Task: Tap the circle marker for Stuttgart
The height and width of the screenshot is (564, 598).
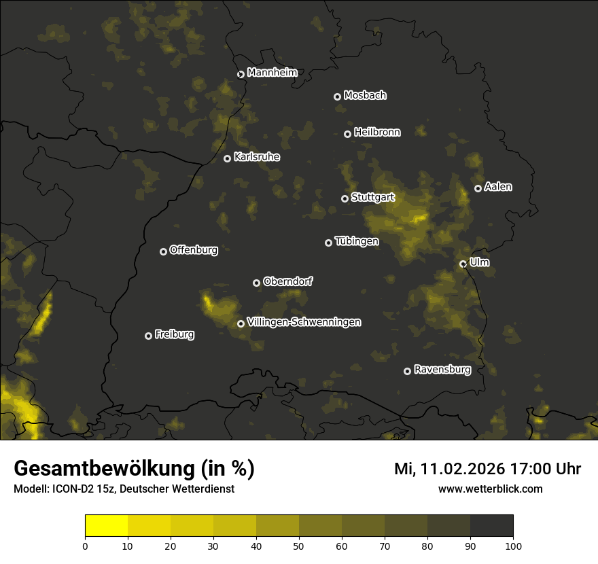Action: pos(345,198)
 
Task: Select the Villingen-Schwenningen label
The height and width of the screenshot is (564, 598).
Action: pos(304,322)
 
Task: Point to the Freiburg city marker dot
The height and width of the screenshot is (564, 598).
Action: pos(148,336)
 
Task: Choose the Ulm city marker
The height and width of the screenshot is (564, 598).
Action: pos(463,264)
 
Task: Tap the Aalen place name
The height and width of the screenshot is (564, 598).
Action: pos(498,187)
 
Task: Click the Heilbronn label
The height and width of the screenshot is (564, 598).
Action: pos(377,133)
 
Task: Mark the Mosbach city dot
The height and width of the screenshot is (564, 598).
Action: pos(337,96)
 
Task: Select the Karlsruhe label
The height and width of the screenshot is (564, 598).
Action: pos(257,157)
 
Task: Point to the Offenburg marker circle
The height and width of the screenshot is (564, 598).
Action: pos(163,251)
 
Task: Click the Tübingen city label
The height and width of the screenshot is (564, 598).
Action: pos(357,241)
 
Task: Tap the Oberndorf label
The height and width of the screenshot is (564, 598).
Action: pos(287,281)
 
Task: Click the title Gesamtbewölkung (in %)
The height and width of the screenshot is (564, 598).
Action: pos(134,468)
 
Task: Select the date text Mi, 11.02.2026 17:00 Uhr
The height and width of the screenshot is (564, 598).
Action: pos(487,469)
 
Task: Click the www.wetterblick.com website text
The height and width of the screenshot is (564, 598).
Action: pos(490,489)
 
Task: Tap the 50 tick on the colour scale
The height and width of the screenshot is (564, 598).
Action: pos(299,546)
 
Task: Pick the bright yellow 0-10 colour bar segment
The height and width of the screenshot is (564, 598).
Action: pos(107,526)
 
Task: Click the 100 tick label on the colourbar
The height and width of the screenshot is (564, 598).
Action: pos(513,546)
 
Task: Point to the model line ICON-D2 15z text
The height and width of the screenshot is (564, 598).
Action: pos(124,489)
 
